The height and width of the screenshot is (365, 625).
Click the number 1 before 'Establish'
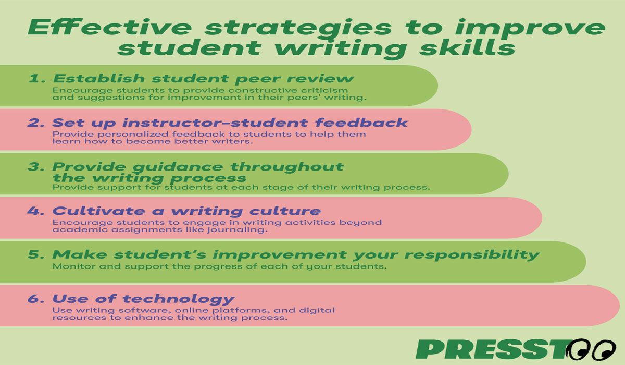point(35,79)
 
